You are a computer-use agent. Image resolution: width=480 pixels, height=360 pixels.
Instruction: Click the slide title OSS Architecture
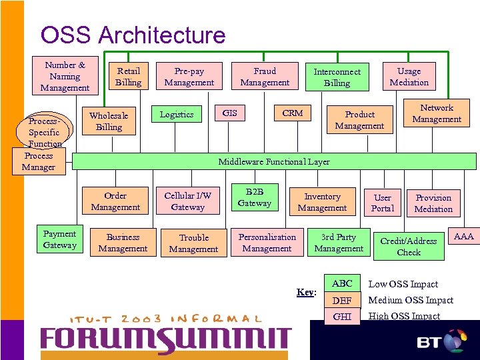[x=133, y=35]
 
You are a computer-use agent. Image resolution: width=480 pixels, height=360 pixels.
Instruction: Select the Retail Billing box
[x=128, y=77]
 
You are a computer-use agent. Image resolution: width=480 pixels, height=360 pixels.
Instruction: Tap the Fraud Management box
[x=265, y=77]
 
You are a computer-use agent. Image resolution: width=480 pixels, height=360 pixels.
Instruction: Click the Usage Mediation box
[x=409, y=77]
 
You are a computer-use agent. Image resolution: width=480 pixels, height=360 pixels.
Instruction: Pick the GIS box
[x=229, y=113]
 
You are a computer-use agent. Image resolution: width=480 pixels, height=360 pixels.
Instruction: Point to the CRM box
[x=293, y=113]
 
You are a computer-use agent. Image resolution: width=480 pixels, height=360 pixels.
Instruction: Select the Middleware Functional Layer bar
[x=274, y=161]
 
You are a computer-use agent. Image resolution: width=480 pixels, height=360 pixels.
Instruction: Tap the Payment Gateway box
[x=59, y=239]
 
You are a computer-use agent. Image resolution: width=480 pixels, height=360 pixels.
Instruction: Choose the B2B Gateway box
[x=255, y=197]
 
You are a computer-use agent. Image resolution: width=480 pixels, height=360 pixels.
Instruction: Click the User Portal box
[x=383, y=203]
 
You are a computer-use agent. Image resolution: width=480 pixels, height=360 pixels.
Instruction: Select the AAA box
[x=463, y=237]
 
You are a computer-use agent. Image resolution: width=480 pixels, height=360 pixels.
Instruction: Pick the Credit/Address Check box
[x=408, y=247]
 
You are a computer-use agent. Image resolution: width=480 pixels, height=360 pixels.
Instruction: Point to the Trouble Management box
[x=193, y=243]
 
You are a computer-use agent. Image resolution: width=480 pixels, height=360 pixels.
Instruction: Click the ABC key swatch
[x=342, y=283]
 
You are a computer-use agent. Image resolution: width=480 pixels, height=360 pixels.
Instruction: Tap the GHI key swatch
[x=342, y=317]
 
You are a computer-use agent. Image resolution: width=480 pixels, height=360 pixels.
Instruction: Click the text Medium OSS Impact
[x=411, y=300]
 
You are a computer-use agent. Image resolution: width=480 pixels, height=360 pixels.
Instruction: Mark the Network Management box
[x=437, y=113]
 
